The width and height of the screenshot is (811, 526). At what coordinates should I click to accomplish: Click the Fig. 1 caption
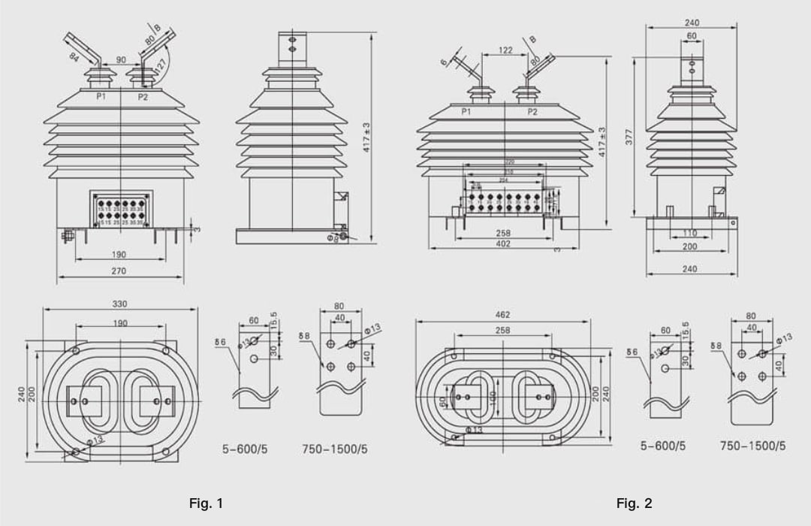point(206,503)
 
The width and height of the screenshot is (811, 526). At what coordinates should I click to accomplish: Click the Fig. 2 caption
point(634,503)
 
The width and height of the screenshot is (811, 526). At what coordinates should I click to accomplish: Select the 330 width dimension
point(120,304)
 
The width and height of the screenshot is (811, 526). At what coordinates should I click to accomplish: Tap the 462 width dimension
point(503,314)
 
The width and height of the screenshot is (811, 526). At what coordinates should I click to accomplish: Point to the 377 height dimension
point(630,136)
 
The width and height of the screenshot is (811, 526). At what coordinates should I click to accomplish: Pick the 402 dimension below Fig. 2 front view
point(503,243)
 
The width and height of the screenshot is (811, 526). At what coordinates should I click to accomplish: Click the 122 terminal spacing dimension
point(505,50)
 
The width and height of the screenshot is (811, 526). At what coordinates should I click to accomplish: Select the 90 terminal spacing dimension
point(120,59)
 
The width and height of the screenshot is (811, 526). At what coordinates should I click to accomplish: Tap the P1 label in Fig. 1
point(101,97)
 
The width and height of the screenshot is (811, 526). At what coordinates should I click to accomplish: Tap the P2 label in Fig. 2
point(532,112)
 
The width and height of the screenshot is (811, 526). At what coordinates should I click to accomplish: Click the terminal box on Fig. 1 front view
point(121,209)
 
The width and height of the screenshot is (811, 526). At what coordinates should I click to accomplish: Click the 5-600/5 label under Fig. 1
point(245,449)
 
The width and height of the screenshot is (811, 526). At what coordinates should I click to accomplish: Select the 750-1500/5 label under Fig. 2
point(752,446)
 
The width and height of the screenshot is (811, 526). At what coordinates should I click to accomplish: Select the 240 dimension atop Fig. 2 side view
point(692,23)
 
